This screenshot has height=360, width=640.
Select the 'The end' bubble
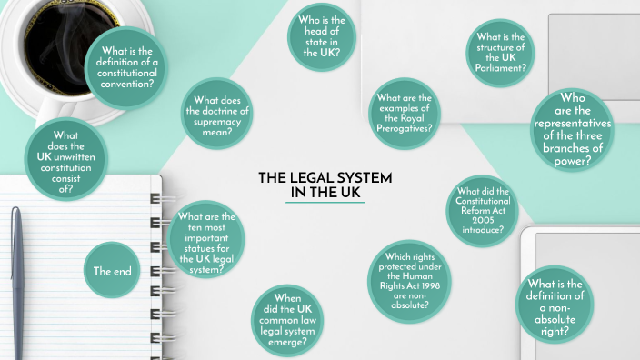coord(113,271)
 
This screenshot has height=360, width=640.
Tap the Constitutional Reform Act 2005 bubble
coord(483,211)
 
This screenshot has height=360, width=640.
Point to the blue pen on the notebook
coord(18,282)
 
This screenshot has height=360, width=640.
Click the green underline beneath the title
coord(325,204)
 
